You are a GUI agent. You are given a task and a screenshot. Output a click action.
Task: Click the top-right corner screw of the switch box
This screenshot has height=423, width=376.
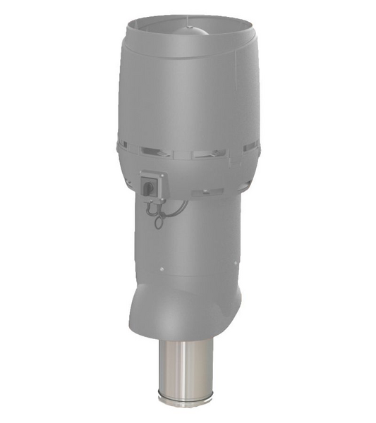click(163, 174)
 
